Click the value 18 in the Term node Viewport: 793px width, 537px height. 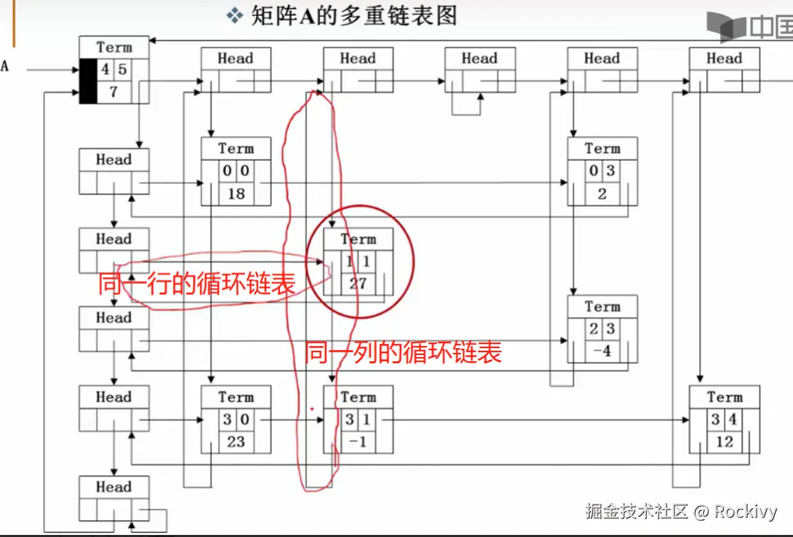point(236,194)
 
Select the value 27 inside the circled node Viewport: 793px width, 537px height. point(358,283)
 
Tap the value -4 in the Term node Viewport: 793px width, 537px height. point(602,351)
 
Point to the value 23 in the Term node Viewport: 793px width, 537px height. point(236,442)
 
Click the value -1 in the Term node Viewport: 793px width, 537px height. point(358,442)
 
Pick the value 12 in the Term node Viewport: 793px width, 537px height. point(724,442)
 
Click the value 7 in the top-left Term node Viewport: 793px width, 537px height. point(114,92)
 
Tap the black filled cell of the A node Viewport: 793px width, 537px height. point(88,81)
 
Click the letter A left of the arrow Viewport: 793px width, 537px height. point(5,67)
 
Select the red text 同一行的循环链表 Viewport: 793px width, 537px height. point(197,284)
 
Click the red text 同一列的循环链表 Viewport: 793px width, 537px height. point(403,353)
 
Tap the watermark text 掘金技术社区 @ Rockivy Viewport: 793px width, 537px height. point(681,511)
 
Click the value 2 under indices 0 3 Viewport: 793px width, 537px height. point(602,194)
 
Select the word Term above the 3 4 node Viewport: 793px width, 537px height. point(724,397)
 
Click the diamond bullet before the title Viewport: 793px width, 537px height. point(236,15)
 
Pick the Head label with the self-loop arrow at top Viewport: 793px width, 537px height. point(479,59)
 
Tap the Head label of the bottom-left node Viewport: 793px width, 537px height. point(114,487)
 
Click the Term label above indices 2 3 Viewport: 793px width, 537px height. point(602,306)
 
